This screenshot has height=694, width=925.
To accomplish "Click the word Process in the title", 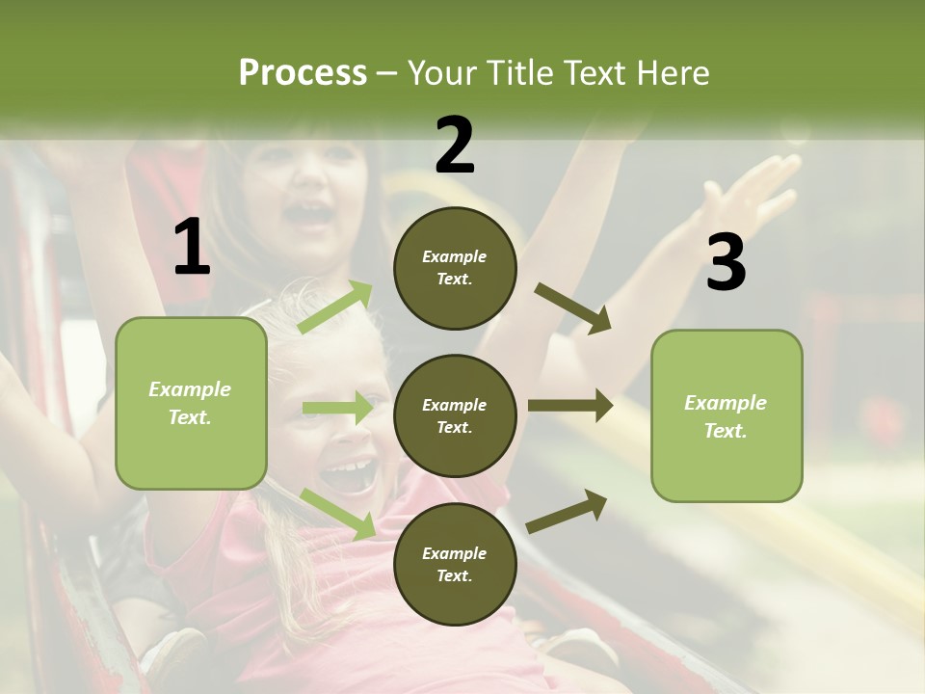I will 303,72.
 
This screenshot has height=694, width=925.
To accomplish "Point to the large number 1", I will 192,248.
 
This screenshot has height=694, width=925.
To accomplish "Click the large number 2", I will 455,145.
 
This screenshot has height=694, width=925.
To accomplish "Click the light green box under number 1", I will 191,403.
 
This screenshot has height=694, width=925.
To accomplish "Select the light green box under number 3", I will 727,415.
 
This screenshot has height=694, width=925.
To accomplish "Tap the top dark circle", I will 455,268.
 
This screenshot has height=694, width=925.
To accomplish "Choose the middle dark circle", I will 455,415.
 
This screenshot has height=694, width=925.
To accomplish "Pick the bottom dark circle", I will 455,564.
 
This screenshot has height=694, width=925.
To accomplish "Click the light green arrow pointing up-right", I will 335,307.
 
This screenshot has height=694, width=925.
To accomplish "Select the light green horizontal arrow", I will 337,408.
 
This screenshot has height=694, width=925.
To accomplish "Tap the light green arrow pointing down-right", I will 337,514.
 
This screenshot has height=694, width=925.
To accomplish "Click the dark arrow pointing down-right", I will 573,308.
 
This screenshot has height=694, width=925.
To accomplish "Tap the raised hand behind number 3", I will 756,188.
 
